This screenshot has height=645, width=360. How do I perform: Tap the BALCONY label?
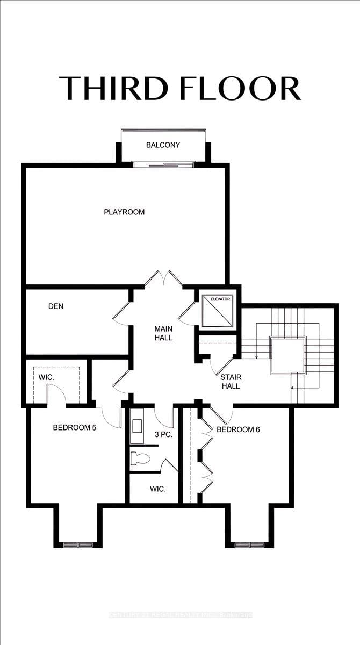coord(163,145)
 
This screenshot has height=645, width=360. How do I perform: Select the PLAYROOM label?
coord(124,212)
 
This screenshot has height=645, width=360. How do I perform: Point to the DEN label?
coord(56,306)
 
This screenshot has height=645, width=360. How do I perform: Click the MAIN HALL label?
coord(163,333)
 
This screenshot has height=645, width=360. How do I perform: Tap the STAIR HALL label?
coord(231,382)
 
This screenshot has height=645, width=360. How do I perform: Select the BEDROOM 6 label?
coord(238,429)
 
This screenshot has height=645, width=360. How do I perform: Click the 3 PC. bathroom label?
coord(163,434)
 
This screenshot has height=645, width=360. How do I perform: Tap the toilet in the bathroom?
coord(140,458)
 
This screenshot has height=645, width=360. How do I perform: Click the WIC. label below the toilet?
coord(158,489)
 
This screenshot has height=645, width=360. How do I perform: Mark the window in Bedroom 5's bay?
coord(78,544)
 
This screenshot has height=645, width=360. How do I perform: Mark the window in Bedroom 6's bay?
coord(250,544)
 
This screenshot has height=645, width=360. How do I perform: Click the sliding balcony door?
coord(164,164)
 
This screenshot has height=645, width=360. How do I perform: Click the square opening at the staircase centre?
coord(288,355)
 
